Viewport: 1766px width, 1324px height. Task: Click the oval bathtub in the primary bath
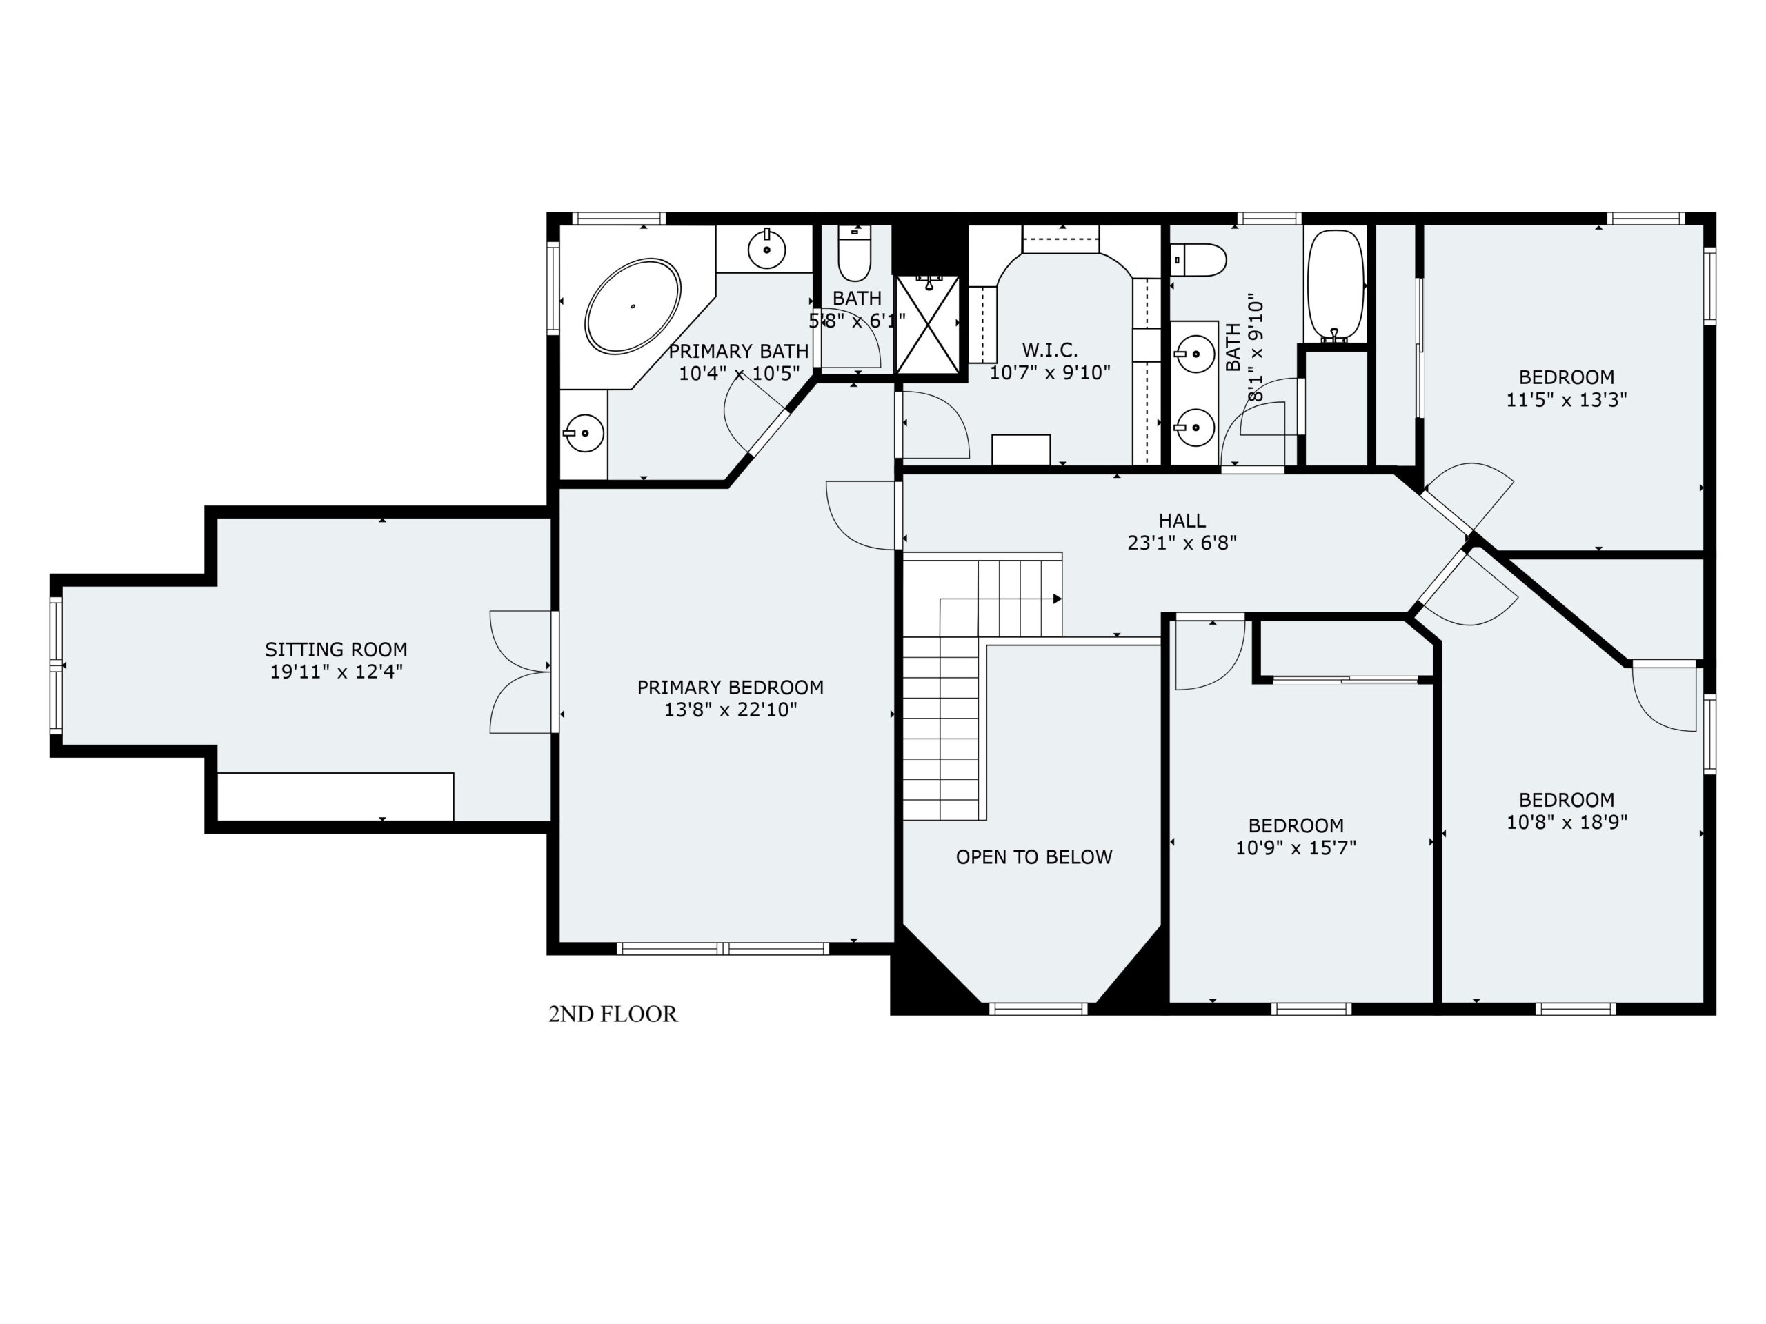pyautogui.click(x=633, y=305)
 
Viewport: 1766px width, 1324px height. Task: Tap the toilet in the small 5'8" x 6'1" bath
pyautogui.click(x=854, y=253)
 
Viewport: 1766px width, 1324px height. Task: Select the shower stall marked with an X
pyautogui.click(x=928, y=324)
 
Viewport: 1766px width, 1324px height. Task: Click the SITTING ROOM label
pyautogui.click(x=336, y=650)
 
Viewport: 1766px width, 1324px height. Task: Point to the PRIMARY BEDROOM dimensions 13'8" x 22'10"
pyautogui.click(x=731, y=710)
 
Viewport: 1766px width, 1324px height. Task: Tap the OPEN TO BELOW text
pyautogui.click(x=1034, y=857)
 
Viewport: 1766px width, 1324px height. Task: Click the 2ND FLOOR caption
pyautogui.click(x=613, y=1014)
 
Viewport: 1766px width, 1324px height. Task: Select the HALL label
pyautogui.click(x=1182, y=521)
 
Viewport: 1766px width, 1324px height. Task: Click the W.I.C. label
pyautogui.click(x=1050, y=350)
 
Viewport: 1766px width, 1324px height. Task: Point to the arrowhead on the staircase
pyautogui.click(x=1057, y=599)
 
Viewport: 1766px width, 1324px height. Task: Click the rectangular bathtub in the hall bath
pyautogui.click(x=1335, y=286)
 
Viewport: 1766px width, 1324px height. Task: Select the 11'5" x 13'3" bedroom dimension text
pyautogui.click(x=1567, y=400)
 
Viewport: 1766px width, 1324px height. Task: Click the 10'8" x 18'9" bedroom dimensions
pyautogui.click(x=1567, y=823)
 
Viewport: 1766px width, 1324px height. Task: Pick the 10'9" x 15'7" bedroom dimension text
pyautogui.click(x=1296, y=848)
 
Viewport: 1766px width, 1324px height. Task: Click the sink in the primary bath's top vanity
pyautogui.click(x=766, y=250)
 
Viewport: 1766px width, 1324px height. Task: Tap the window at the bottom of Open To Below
pyautogui.click(x=1038, y=1009)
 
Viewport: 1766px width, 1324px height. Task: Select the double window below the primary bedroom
pyautogui.click(x=724, y=949)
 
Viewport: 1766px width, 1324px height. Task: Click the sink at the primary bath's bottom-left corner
pyautogui.click(x=584, y=433)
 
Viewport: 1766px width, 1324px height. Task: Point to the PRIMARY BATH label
pyautogui.click(x=739, y=351)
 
